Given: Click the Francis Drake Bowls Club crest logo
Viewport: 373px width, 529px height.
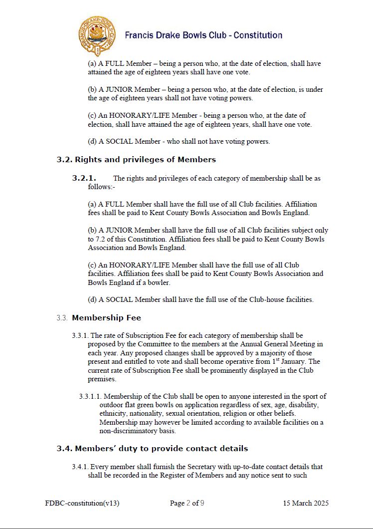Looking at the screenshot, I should (97, 35).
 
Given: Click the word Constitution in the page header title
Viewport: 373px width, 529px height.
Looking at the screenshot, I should (258, 35).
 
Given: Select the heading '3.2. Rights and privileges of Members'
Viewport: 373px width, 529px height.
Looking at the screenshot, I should (136, 160).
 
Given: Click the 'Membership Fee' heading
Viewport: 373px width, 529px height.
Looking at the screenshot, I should (106, 318).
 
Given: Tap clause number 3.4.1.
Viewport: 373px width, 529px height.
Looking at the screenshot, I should (80, 467).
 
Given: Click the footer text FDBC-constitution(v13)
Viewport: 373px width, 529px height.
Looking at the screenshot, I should (82, 503).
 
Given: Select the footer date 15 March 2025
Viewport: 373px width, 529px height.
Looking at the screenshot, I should (306, 503).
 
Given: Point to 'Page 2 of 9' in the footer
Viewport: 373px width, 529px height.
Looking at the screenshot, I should (187, 503).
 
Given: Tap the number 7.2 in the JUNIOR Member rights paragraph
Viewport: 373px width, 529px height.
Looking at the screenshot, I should (93, 239).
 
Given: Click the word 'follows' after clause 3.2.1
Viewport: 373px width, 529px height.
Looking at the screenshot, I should (99, 187).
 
